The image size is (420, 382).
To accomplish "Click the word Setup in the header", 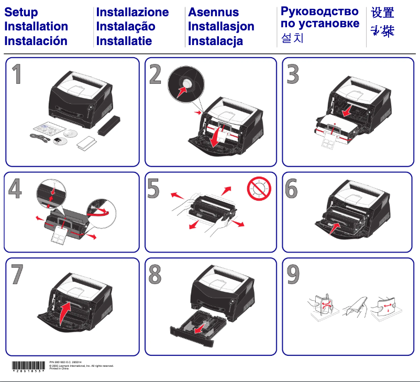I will [x=21, y=13].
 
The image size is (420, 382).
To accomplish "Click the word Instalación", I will [x=36, y=40].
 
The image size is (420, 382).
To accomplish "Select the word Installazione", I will [x=132, y=13].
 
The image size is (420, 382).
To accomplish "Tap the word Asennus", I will [x=213, y=13].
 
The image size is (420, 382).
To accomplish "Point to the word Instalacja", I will [x=215, y=41].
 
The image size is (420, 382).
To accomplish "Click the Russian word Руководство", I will [x=319, y=11].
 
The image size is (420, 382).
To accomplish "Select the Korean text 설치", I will [x=292, y=38].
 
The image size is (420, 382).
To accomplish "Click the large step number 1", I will [x=17, y=75].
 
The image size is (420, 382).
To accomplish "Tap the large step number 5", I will [x=153, y=189].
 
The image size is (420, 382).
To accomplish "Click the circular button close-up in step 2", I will [x=185, y=85].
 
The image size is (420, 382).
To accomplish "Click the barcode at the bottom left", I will [x=28, y=366].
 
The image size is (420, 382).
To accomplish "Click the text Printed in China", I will [x=59, y=369].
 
